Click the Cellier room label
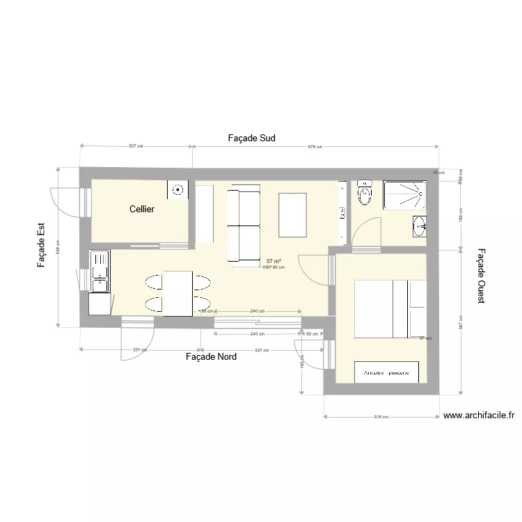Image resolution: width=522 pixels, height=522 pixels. pos(142,209)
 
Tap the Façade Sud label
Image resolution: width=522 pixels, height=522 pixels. pos(251,139)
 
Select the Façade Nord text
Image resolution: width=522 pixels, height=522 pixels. pos(211,357)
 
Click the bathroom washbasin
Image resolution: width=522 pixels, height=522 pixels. pos(419,225)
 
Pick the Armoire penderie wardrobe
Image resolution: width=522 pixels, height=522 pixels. pos(386,372)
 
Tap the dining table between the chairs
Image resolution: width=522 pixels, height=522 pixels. pos(177,293)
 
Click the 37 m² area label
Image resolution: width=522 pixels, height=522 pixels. pos(274,261)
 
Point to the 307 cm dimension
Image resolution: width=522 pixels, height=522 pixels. pos(136,146)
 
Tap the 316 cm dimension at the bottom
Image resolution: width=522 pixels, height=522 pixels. pos(381,417)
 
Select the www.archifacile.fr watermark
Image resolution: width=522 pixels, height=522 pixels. pos(479,416)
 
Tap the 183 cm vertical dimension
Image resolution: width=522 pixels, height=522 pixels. pos(302,365)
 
